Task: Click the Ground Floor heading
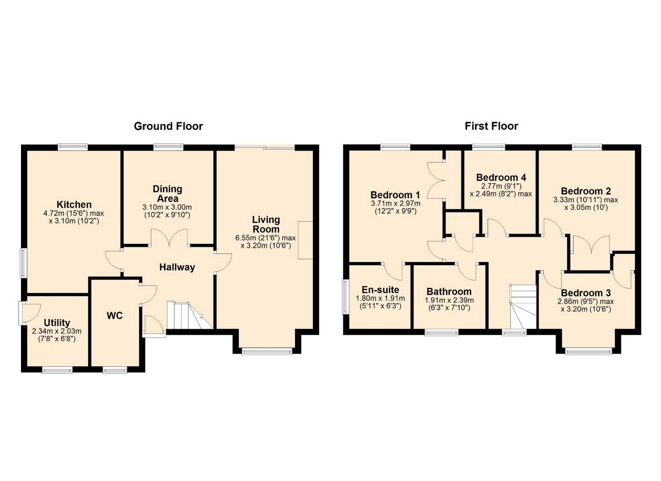coord(168,126)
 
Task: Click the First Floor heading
coord(491,126)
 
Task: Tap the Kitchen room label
coord(74,204)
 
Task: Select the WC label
coord(115,316)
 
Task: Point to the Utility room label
coord(57,323)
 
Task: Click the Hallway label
coord(177,267)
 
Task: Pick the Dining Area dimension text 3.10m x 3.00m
coord(167,207)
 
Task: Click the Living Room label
coord(266,224)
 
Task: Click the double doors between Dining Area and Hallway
coord(169,238)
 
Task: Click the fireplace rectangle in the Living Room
coord(305,240)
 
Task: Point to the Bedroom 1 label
coord(395,195)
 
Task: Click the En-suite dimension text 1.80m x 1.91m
coord(380,298)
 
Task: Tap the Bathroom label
coord(449,291)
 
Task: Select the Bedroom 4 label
coord(501,177)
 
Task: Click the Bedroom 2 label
coord(586,191)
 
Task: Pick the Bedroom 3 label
coord(586,293)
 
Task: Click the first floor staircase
coord(523,307)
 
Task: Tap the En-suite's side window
coord(345,297)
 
